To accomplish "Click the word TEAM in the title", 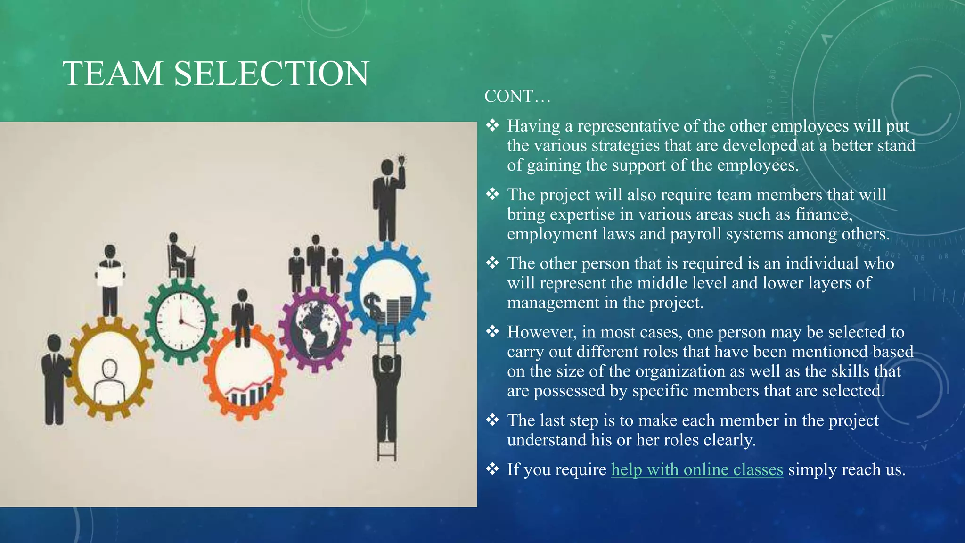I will pos(113,74).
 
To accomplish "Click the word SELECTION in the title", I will pos(271,74).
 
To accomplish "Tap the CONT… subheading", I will pos(517,97).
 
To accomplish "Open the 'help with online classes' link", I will pos(697,469).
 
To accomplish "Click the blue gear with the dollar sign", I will pos(388,291).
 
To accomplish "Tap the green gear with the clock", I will pos(181,321).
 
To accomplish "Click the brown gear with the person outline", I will pos(109,369).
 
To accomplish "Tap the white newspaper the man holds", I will pos(110,276).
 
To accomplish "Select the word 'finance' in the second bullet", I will pos(823,214).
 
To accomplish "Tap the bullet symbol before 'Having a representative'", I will pos(492,125).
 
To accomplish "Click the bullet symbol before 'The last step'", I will pos(492,420).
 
